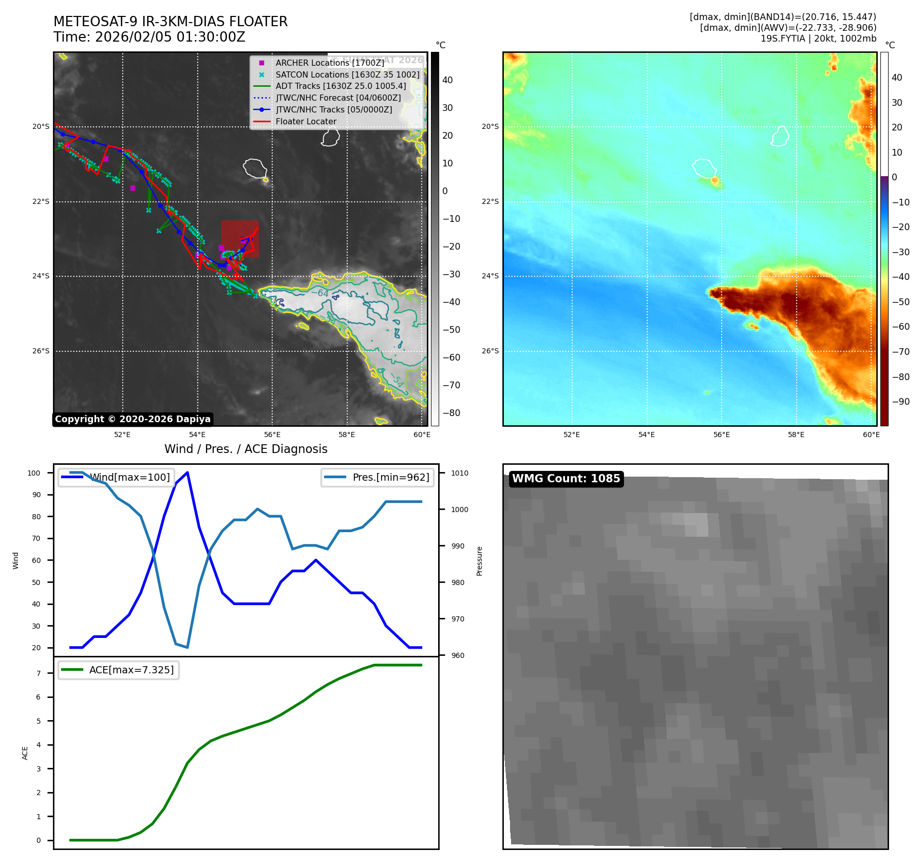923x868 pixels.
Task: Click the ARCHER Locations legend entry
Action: [x=329, y=63]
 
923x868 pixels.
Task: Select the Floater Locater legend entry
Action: [x=306, y=122]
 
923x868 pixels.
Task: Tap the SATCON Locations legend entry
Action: [x=347, y=74]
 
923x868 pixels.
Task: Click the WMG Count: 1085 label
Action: [x=566, y=479]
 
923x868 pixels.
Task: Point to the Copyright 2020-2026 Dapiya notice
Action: [x=133, y=419]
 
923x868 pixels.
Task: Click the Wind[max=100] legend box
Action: [x=116, y=477]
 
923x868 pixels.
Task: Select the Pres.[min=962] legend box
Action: [x=378, y=477]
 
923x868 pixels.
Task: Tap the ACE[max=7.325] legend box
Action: [x=119, y=670]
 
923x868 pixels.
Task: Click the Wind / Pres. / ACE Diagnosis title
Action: [x=246, y=449]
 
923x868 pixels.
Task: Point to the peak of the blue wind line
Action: [x=187, y=473]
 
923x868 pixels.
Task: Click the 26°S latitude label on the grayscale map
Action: [x=41, y=351]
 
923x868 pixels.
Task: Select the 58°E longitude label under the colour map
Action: [x=796, y=435]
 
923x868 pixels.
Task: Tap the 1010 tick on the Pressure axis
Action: [x=460, y=473]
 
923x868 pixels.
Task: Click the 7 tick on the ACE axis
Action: [x=39, y=673]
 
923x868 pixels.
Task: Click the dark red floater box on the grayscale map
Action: [x=240, y=239]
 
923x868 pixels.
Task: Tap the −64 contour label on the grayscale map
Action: [x=319, y=293]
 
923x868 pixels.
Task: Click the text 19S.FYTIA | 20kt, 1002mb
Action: [x=818, y=39]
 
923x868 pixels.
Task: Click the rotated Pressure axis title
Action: [x=479, y=561]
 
